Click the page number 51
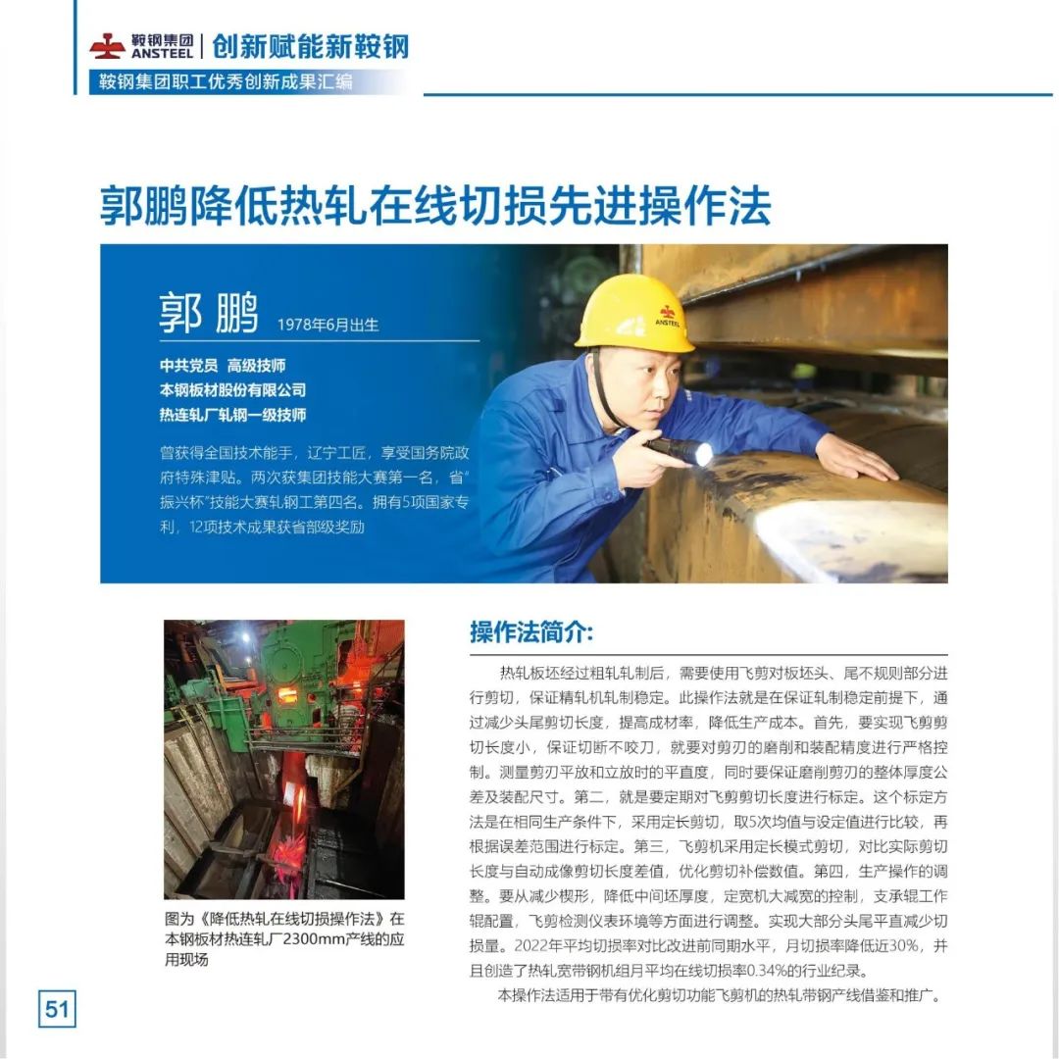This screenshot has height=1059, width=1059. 57,1008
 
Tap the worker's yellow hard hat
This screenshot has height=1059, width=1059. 635,313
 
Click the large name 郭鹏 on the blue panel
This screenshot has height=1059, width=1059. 209,313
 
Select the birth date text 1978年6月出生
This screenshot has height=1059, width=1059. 328,324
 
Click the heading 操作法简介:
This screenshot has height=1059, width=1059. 531,632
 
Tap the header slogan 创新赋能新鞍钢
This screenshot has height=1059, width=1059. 310,46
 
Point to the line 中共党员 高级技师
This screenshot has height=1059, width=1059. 223,366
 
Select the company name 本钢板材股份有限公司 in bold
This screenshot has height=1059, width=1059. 232,390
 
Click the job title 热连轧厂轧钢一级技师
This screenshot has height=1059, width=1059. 232,415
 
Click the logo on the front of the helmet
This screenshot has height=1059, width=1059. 668,313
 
